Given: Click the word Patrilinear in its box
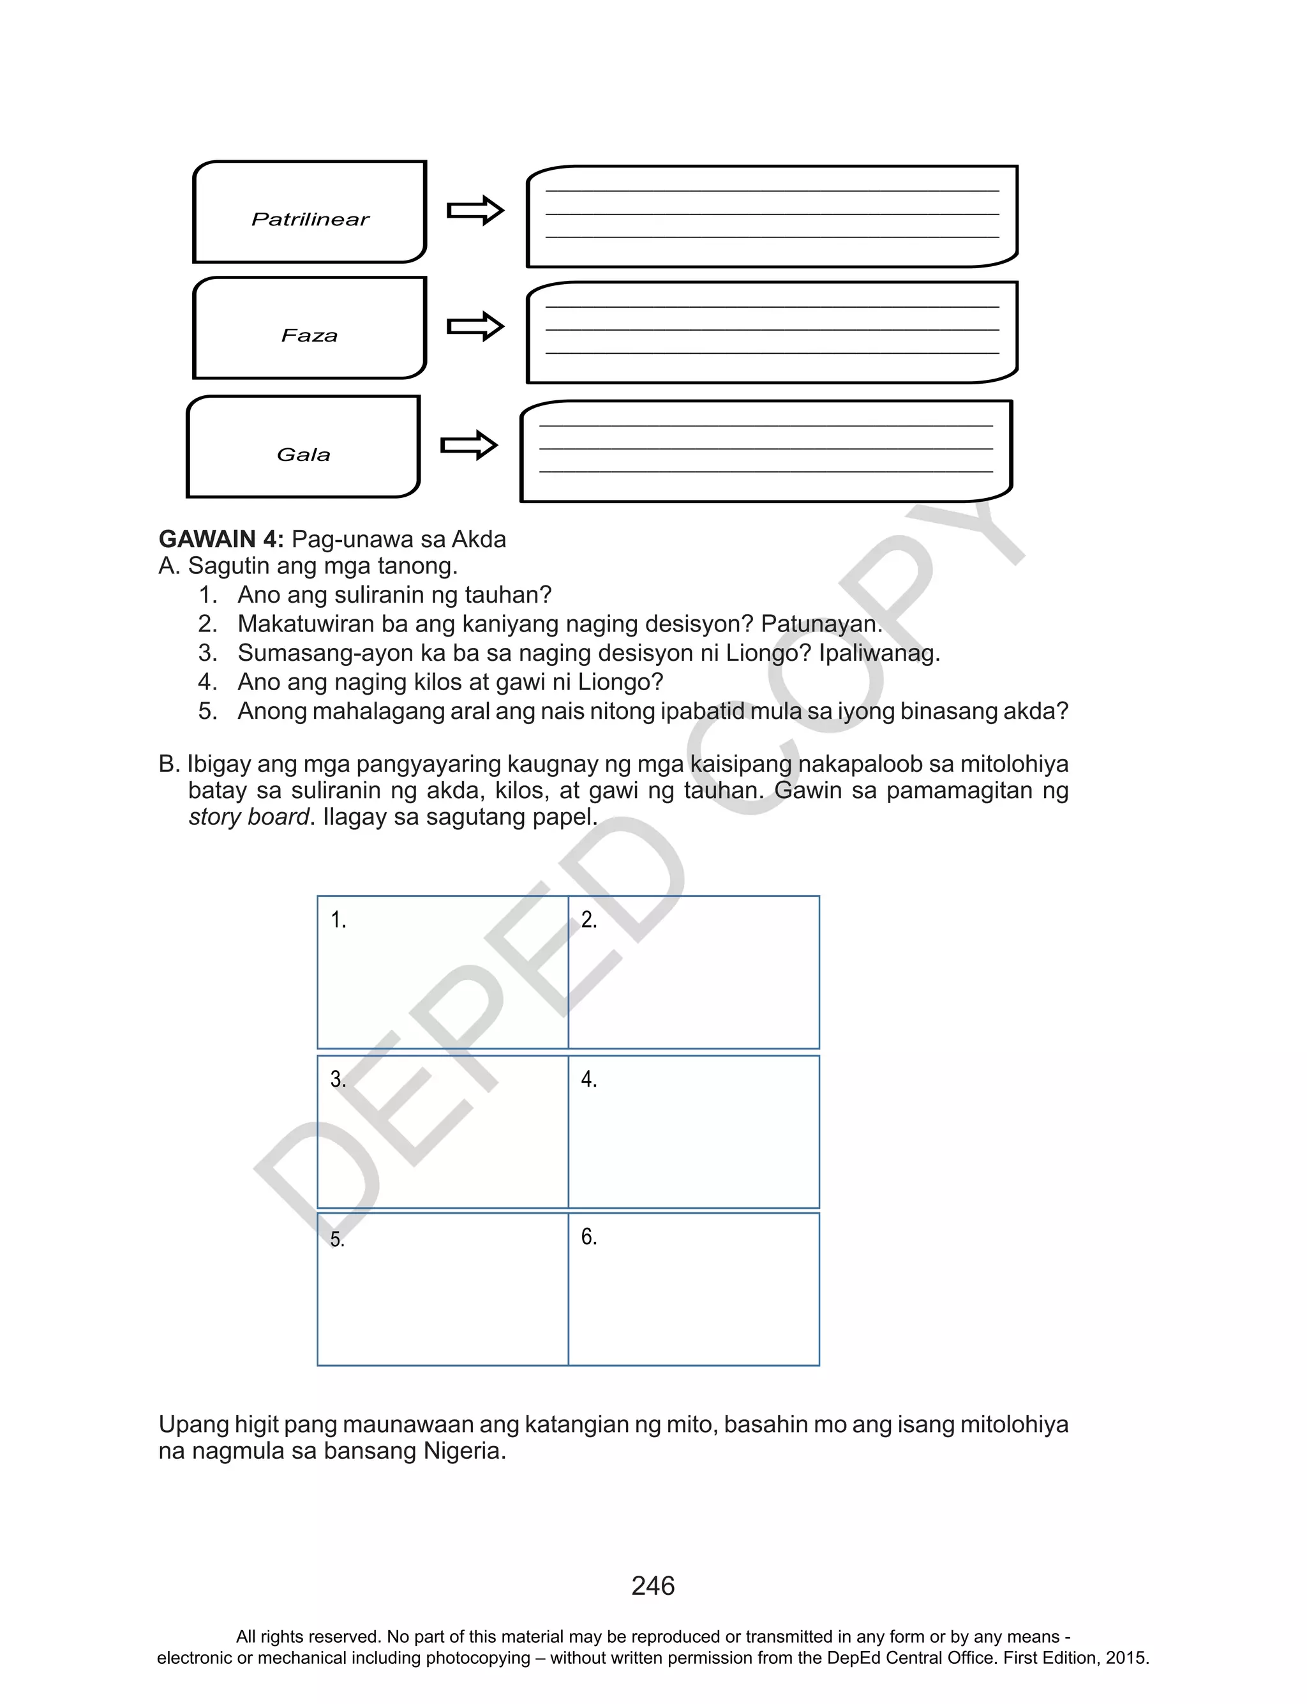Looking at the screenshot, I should click(x=310, y=220).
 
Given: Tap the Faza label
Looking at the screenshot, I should click(x=310, y=335).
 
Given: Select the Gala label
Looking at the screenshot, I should click(x=303, y=455).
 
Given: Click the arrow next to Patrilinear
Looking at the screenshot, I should click(x=475, y=210).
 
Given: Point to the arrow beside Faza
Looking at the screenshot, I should click(x=475, y=326).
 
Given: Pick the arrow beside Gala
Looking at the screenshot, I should click(x=469, y=445).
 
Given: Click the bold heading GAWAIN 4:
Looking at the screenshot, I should click(x=221, y=539).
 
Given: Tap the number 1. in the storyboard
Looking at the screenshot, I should click(x=338, y=920).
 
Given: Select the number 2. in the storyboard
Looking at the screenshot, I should click(x=589, y=920).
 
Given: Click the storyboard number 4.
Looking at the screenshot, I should click(x=589, y=1079).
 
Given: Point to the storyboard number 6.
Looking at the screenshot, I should click(x=589, y=1237).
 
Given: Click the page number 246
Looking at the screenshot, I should click(x=653, y=1586).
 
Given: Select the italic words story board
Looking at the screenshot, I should click(x=249, y=817).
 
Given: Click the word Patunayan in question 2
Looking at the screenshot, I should click(x=821, y=624).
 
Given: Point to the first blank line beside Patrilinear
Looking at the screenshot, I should click(x=772, y=191).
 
